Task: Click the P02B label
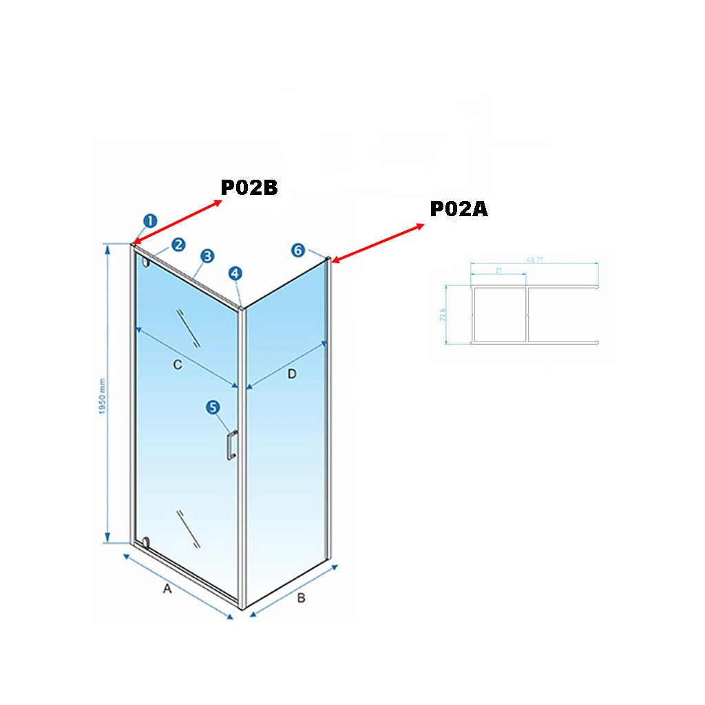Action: (249, 187)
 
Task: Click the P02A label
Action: (459, 209)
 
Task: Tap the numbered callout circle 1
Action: (150, 221)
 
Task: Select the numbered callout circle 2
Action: (178, 244)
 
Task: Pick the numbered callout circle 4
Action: (236, 273)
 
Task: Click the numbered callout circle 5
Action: (213, 408)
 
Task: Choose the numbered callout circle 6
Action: (297, 250)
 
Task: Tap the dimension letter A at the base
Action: (166, 589)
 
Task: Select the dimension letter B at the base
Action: (300, 598)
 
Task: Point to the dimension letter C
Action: (177, 365)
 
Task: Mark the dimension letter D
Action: (291, 374)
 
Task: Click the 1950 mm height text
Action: (101, 396)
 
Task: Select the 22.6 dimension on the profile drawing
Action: (443, 315)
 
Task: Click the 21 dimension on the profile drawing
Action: (498, 271)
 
